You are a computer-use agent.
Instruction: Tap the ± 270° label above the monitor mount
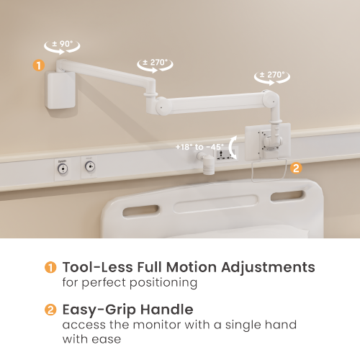coord(271,75)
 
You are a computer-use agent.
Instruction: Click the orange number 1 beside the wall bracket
coord(38,65)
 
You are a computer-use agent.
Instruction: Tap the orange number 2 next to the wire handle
coord(296,168)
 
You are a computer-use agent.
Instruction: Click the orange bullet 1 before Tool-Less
coord(50,267)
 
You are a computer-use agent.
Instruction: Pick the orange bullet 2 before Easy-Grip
coord(50,310)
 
